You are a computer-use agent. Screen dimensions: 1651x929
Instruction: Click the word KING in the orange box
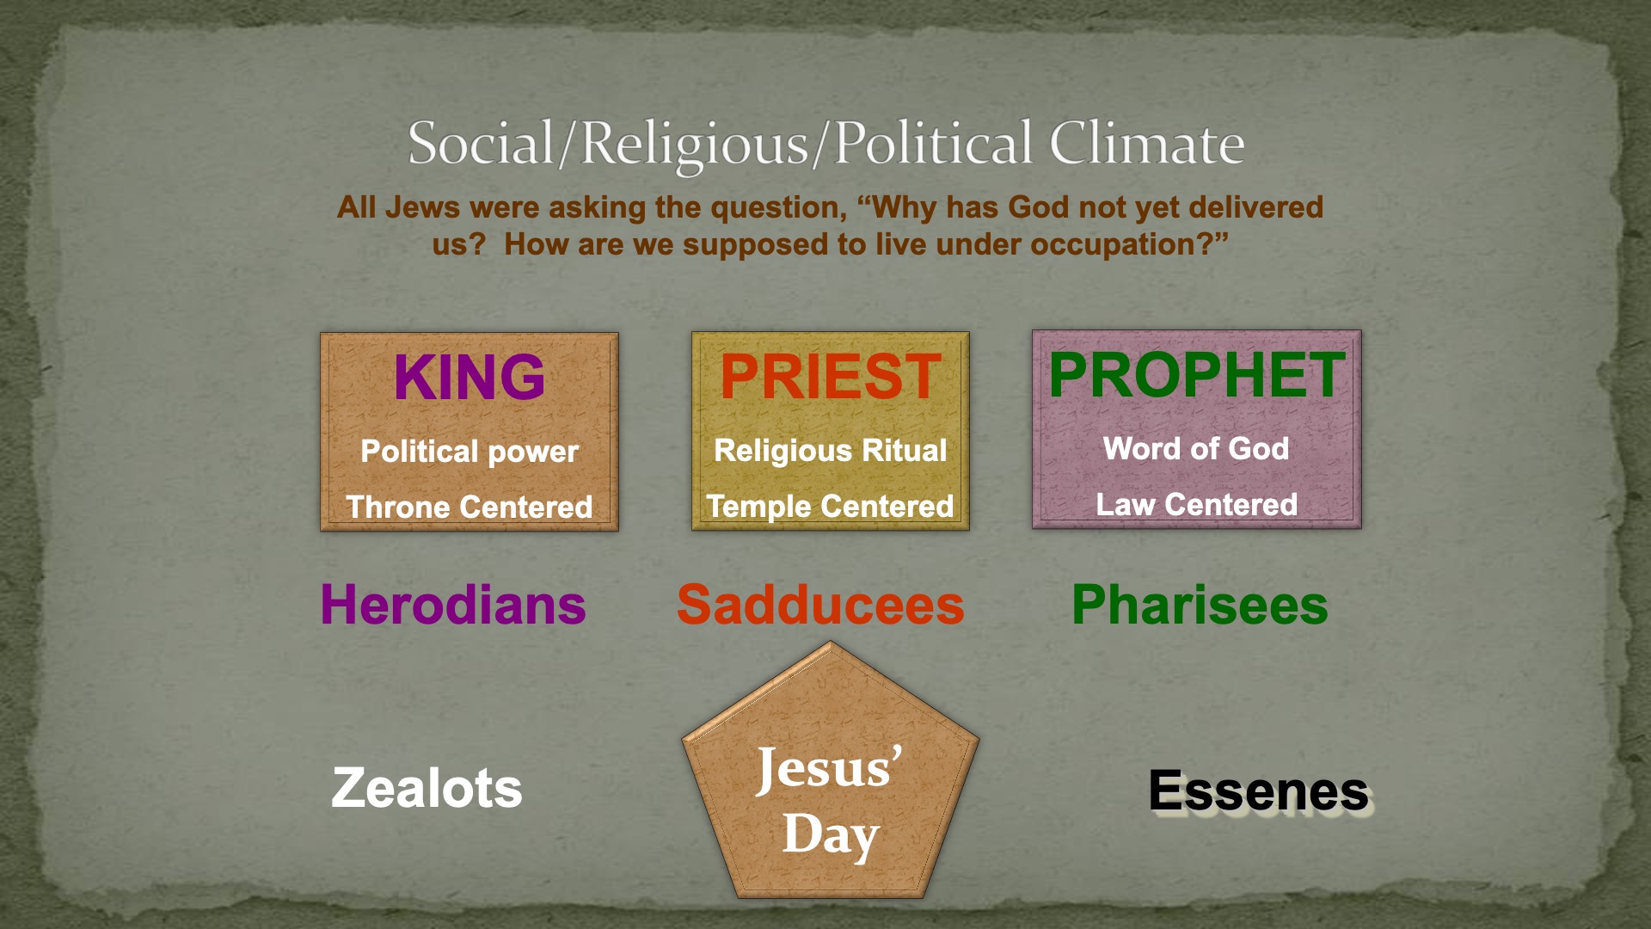470,378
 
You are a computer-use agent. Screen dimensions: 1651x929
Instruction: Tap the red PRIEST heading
831,377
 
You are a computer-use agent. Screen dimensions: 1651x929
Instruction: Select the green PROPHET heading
1197,375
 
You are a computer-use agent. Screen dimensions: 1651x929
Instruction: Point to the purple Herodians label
453,605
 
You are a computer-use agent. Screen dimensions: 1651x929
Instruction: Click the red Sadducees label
820,605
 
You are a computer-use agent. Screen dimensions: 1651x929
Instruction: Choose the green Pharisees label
1200,605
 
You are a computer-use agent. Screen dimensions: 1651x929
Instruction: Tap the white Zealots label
427,788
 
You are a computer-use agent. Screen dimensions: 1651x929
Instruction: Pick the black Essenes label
1259,791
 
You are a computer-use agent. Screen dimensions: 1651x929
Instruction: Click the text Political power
470,452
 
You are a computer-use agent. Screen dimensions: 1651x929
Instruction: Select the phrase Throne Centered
470,507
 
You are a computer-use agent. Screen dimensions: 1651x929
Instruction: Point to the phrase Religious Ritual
831,451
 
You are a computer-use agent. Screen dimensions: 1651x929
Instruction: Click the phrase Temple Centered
831,506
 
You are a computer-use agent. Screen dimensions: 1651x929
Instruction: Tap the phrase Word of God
1197,448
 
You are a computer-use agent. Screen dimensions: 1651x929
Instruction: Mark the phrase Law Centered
1197,504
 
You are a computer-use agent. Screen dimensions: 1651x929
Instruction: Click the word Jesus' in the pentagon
830,768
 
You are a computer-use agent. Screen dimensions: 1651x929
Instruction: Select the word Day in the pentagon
831,834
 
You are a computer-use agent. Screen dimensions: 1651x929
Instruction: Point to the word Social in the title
482,143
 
